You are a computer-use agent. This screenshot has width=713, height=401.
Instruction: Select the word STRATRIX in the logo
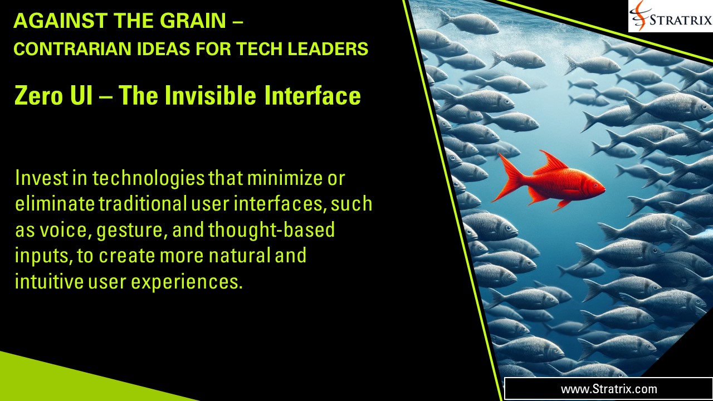(x=681, y=21)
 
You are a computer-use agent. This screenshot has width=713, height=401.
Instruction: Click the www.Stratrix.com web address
(x=609, y=389)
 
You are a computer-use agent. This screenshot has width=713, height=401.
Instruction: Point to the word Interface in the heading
(x=312, y=96)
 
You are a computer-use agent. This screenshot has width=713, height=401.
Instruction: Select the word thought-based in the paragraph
(x=271, y=229)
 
